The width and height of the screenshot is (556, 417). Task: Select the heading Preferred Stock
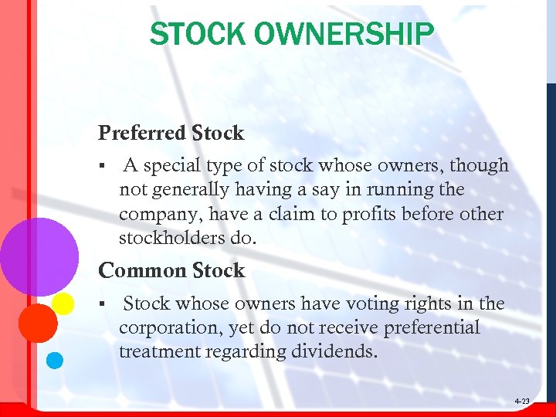[x=171, y=133]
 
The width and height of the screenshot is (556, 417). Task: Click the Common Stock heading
[x=171, y=270]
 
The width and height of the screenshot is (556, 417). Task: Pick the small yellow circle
[x=63, y=303]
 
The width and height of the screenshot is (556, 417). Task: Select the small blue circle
[x=55, y=359]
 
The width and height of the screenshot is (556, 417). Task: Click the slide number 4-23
[x=521, y=402]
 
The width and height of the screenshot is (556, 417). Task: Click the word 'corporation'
[x=170, y=328]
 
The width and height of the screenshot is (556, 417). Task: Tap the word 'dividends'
[x=339, y=352]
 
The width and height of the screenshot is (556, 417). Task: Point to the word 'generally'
[x=193, y=190]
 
